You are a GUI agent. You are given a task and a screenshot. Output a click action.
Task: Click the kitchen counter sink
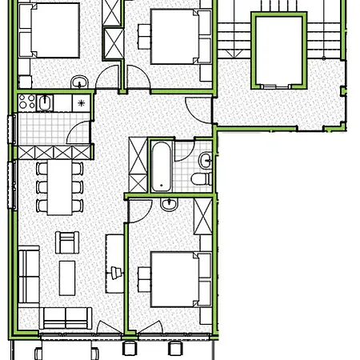(x=45, y=102)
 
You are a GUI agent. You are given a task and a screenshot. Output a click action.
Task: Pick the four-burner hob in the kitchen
(x=25, y=102)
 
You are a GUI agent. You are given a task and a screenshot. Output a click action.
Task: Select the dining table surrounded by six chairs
(x=58, y=187)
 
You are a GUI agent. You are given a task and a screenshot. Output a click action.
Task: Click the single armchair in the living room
(x=66, y=239)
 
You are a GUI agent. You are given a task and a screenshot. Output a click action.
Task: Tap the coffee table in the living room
(x=66, y=277)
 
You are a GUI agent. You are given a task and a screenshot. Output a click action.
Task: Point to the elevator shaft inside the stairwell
(x=280, y=50)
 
